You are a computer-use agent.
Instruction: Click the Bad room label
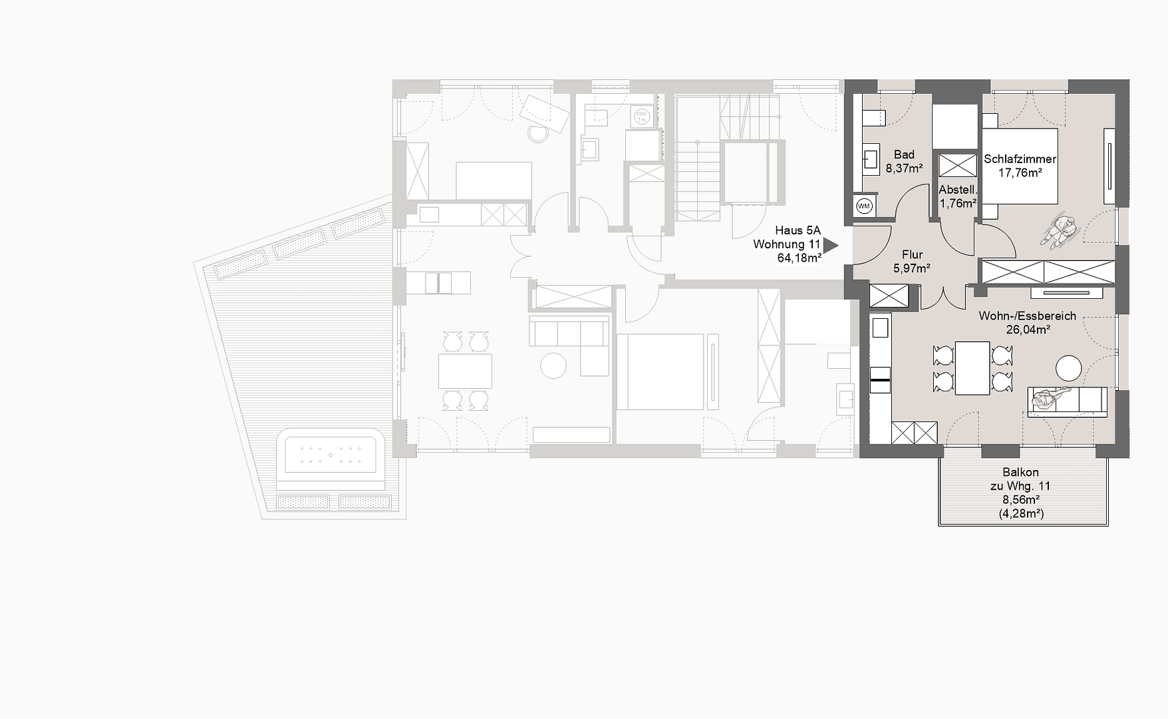click(904, 154)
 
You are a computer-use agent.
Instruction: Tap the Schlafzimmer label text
click(1020, 159)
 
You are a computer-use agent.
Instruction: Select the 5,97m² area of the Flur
click(911, 268)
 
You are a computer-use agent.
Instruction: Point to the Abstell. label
click(957, 190)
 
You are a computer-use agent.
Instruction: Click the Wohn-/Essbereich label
click(1027, 316)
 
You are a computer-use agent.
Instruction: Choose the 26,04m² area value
click(1028, 330)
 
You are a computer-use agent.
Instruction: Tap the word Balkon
click(1020, 473)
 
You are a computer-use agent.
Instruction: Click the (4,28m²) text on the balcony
click(1021, 513)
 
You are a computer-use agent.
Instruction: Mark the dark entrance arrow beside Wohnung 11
click(830, 245)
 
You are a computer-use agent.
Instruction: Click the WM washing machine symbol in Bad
click(864, 206)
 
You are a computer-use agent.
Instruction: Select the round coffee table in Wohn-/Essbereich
click(1068, 367)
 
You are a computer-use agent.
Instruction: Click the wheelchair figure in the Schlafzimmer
click(1060, 230)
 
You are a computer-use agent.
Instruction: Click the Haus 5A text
click(798, 230)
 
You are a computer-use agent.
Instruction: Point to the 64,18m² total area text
click(799, 258)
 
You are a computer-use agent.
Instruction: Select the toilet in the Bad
click(873, 118)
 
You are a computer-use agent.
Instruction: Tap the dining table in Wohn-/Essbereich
click(972, 367)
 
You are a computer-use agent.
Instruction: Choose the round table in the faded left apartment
click(553, 365)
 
